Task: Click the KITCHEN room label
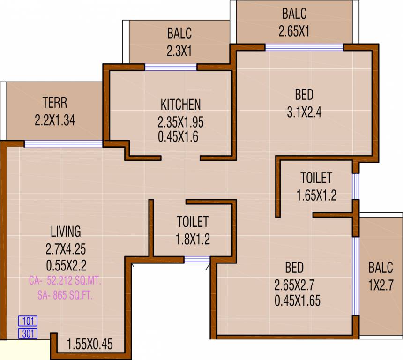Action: coord(180,104)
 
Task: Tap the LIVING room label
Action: coord(66,231)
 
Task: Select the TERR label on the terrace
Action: coord(55,102)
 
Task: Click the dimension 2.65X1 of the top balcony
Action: coord(294,32)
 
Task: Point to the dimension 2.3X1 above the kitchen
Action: coord(179,51)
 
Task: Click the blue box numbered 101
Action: coord(28,322)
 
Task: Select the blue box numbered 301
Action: coord(28,334)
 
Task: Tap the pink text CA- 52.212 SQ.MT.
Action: coord(65,281)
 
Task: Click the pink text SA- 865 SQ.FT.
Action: coord(65,295)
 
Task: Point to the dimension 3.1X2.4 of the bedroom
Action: coord(304,112)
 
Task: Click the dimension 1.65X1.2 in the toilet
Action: coord(316,195)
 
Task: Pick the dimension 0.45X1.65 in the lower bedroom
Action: coord(298,300)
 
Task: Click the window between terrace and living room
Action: coord(63,143)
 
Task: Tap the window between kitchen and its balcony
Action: coord(171,67)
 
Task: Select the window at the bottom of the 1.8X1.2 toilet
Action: coord(197,260)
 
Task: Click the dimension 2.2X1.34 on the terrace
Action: coord(55,120)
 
